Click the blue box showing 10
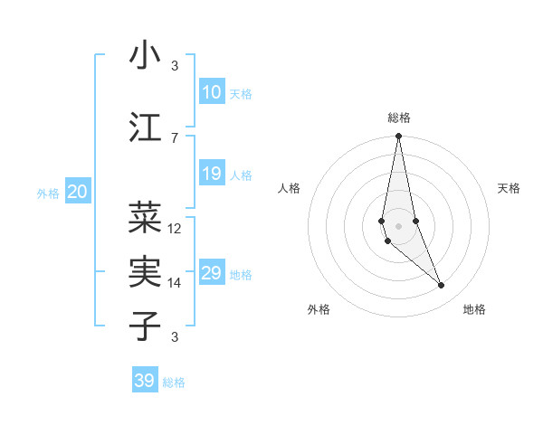211,92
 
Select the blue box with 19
211,174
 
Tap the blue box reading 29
211,273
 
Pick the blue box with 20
77,191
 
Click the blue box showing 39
145,381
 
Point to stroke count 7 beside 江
175,137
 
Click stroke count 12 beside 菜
175,228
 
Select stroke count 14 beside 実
175,283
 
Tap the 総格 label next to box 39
174,382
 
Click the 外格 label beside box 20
48,193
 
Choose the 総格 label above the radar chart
398,118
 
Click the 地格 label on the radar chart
474,310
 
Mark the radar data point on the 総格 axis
398,137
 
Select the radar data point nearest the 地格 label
442,286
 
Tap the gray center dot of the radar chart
398,225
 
